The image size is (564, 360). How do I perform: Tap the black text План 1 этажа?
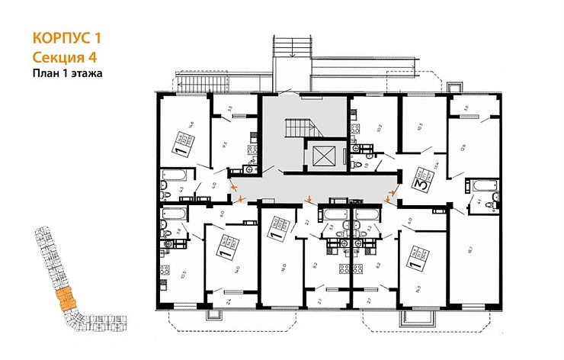click(67, 73)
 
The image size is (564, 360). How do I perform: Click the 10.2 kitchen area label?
click(379, 129)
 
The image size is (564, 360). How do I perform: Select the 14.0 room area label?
click(239, 269)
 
